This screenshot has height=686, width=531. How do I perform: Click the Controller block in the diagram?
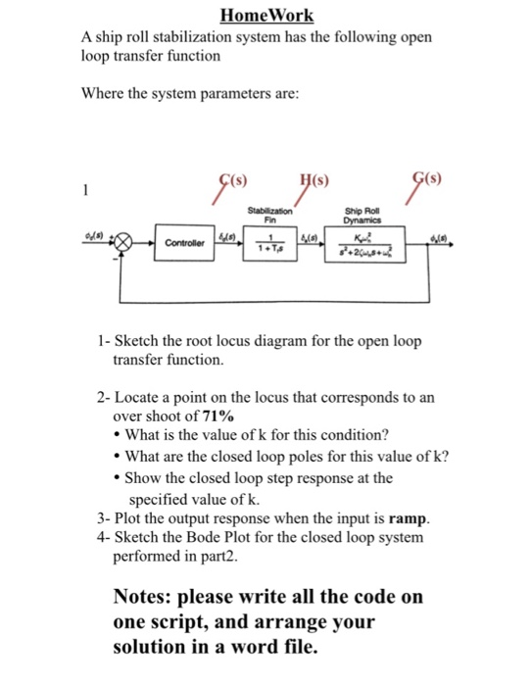(x=183, y=242)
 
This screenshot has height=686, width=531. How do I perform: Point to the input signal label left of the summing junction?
(x=96, y=235)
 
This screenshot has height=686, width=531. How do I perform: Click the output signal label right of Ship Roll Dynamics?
(x=438, y=235)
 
